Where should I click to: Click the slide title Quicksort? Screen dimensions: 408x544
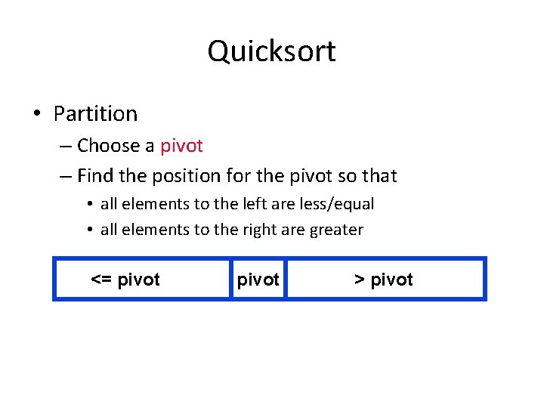(271, 51)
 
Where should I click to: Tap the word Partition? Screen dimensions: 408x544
(95, 113)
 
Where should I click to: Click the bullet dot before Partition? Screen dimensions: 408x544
(36, 114)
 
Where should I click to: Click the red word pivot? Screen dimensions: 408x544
(181, 145)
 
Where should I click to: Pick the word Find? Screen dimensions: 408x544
(94, 176)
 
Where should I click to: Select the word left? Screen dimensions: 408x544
(249, 204)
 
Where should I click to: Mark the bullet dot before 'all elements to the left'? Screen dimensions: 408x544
(89, 205)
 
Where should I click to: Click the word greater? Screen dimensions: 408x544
(336, 230)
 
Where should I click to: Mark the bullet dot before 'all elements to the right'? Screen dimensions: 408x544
(89, 230)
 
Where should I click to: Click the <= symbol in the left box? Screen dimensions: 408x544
(102, 280)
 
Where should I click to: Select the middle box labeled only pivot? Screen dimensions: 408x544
(258, 280)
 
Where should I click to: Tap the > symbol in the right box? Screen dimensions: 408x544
(360, 280)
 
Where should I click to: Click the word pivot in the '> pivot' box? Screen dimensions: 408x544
(392, 280)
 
